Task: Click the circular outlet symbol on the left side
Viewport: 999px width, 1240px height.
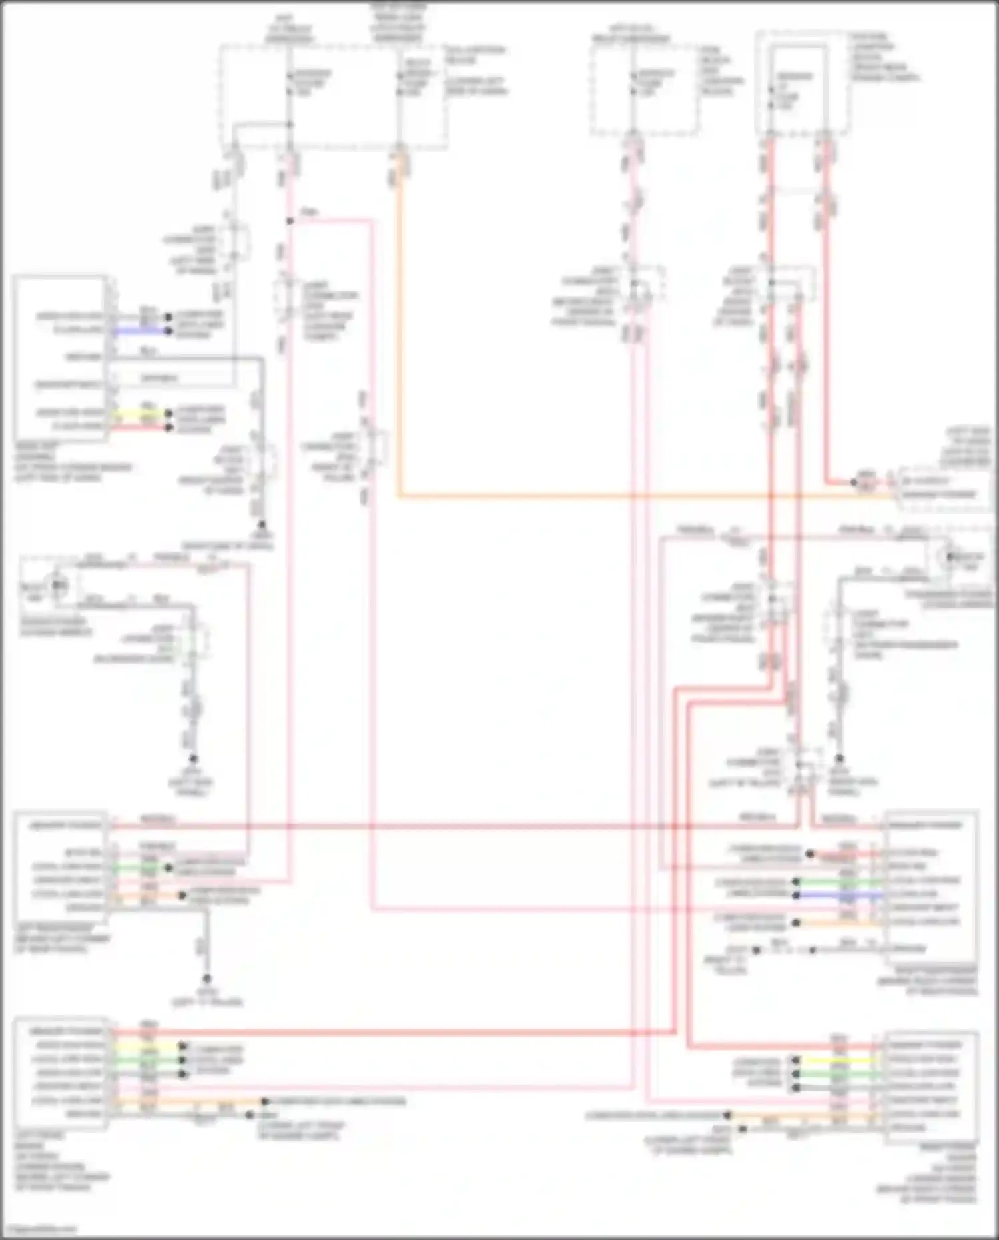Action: [59, 585]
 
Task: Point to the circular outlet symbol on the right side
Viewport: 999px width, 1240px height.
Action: [953, 556]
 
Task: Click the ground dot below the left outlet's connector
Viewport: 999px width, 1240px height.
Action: [194, 759]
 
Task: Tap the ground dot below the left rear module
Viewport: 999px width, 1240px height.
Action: [207, 979]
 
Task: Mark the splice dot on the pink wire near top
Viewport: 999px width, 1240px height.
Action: [290, 221]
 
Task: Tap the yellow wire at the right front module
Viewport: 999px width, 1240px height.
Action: [839, 1060]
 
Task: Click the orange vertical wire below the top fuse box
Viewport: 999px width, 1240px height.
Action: [398, 333]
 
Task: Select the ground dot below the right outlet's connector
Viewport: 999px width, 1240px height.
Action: [840, 759]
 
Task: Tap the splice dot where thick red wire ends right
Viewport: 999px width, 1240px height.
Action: [854, 482]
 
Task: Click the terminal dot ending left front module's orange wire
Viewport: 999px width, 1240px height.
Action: [265, 1101]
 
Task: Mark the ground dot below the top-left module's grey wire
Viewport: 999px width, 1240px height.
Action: [262, 525]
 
